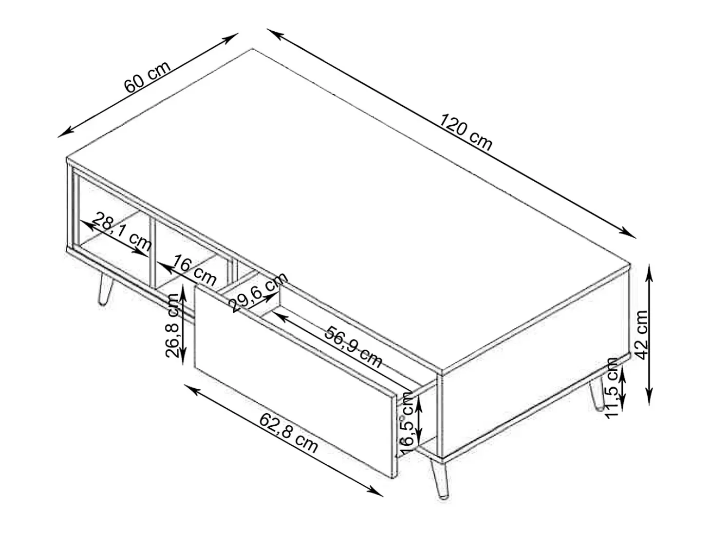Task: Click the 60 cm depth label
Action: point(148,77)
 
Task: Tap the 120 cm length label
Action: point(466,132)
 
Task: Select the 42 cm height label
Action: point(642,335)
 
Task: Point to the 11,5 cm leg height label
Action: point(613,388)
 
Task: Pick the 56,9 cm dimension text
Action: point(354,347)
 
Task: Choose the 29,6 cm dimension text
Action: point(258,292)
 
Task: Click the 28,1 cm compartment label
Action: point(121,232)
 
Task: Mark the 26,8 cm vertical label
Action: point(172,325)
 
